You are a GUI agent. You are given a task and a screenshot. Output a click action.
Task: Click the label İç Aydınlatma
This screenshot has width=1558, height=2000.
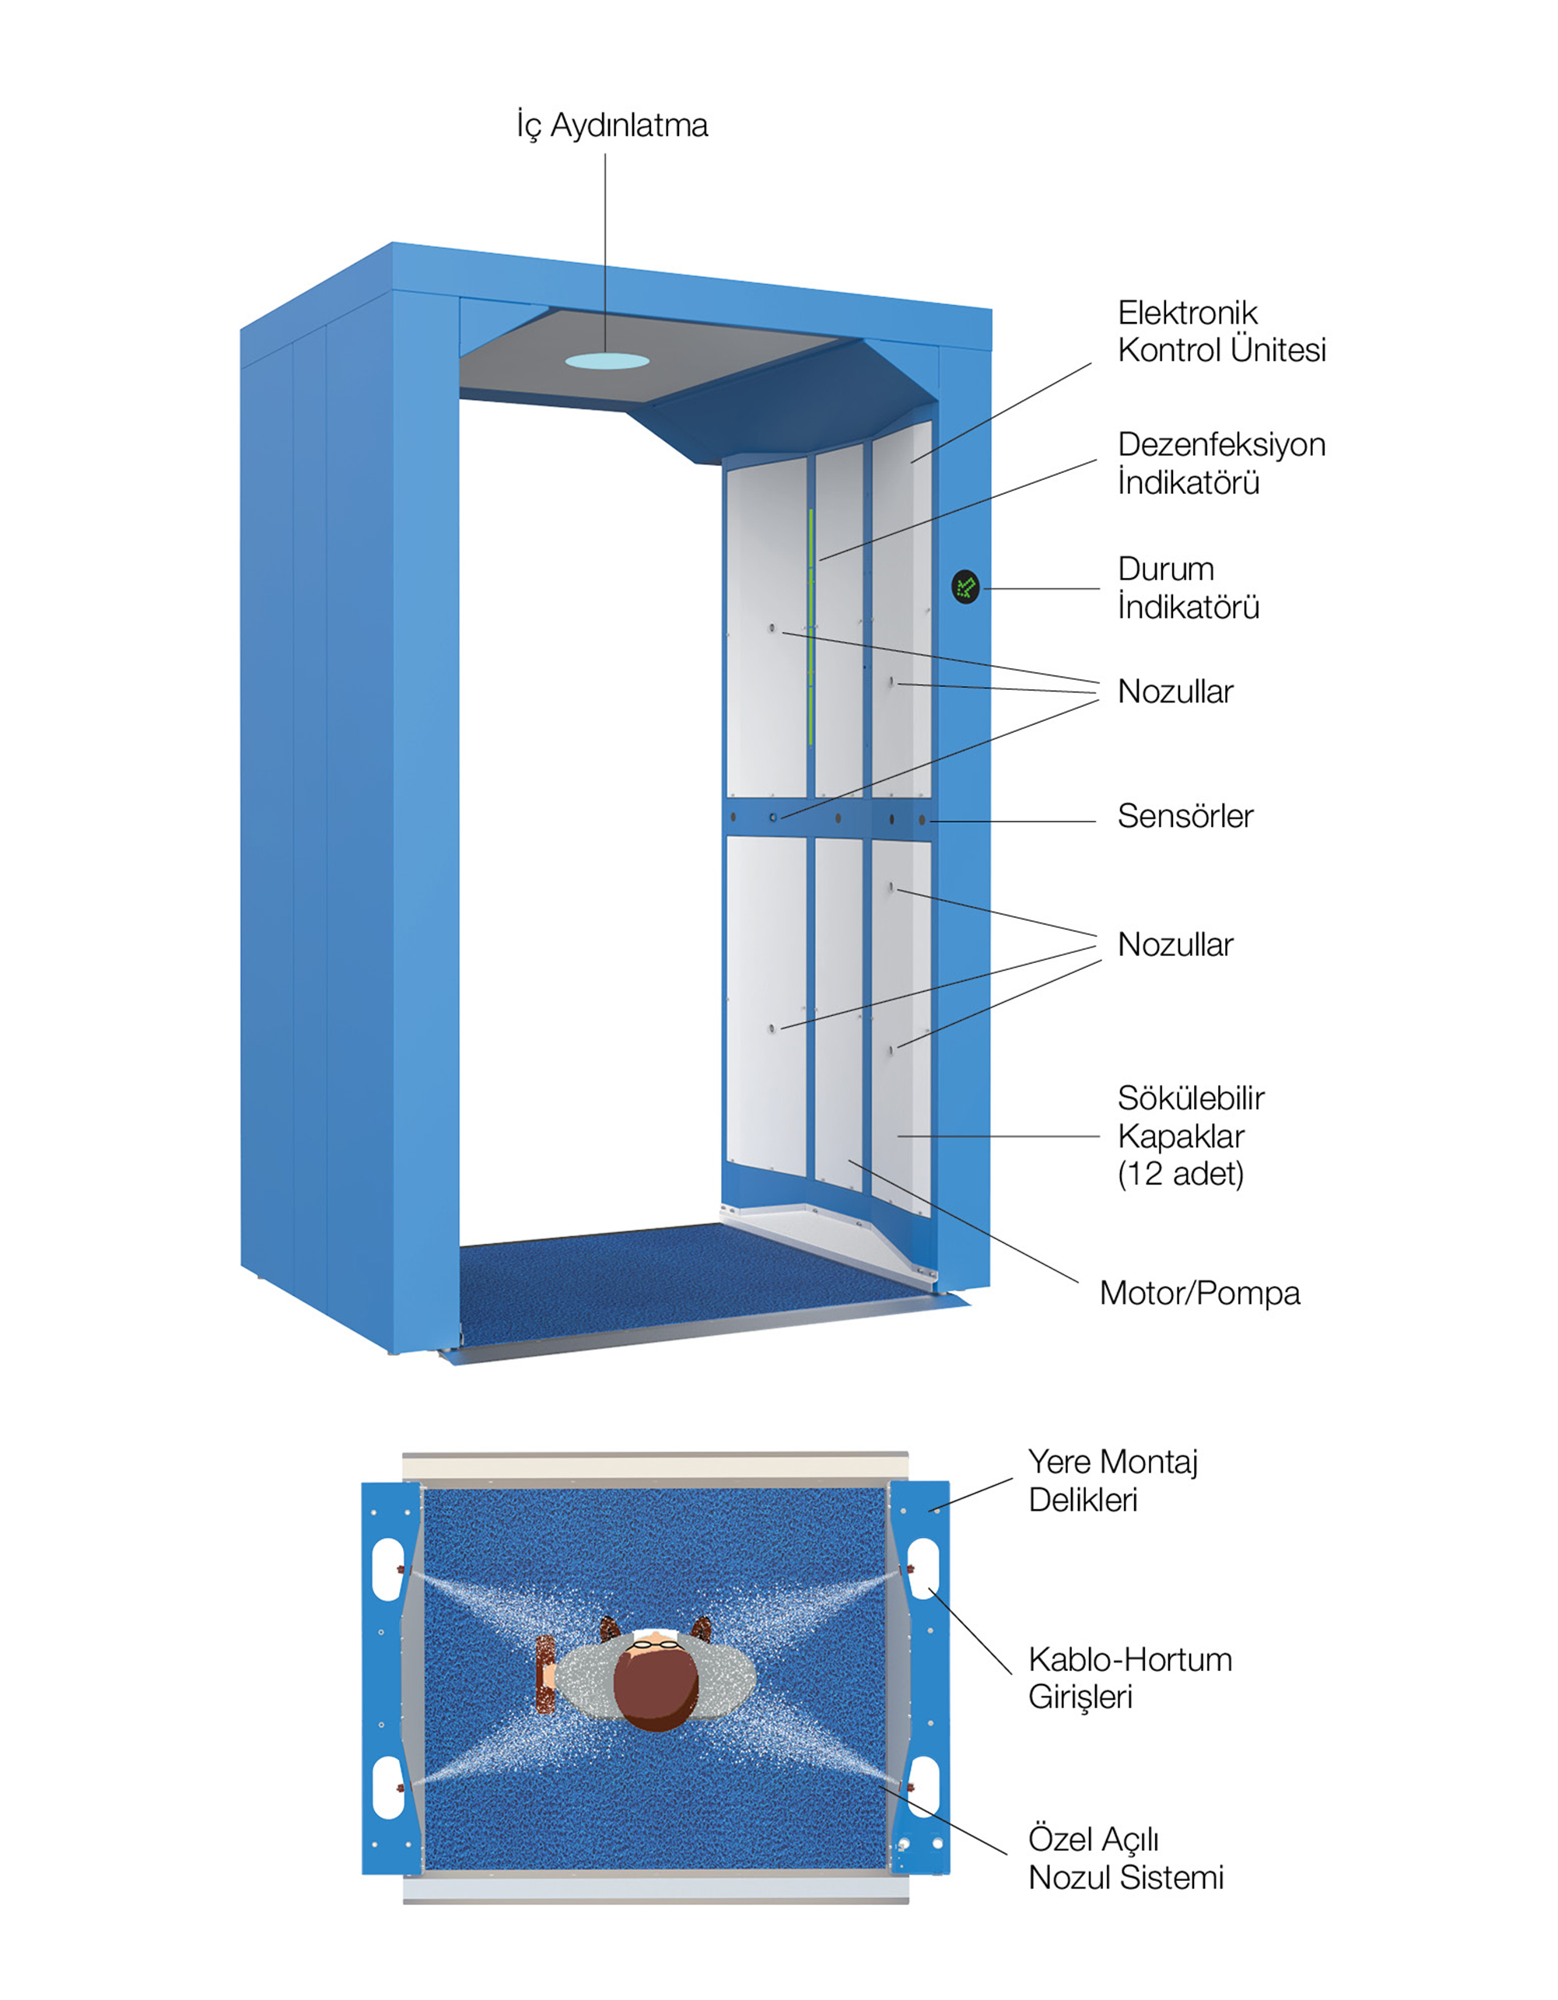pos(612,125)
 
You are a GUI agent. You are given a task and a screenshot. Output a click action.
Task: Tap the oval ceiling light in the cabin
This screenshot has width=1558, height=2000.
pos(607,361)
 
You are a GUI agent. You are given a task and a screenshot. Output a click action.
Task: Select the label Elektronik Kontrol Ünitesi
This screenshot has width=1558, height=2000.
pos(1221,331)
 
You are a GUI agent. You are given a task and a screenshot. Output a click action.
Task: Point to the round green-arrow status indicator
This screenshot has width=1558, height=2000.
pos(965,587)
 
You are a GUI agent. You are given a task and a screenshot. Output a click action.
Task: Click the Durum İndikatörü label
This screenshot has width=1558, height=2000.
pos(1188,587)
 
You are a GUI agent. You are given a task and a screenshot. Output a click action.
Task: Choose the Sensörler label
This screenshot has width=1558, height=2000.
pos(1185,816)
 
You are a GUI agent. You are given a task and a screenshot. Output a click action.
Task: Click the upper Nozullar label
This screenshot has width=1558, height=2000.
pos(1175,692)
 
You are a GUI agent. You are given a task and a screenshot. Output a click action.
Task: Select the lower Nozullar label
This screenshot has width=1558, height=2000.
pos(1175,944)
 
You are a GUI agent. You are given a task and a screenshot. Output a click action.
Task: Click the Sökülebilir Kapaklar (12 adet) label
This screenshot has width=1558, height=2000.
pos(1190,1136)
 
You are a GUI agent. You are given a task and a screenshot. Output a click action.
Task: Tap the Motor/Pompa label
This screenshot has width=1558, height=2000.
pos(1199,1293)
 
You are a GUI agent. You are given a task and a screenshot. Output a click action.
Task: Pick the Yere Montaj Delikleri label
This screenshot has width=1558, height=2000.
pos(1113,1481)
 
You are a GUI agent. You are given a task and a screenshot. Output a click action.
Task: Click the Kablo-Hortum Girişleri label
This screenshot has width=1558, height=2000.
pos(1129,1678)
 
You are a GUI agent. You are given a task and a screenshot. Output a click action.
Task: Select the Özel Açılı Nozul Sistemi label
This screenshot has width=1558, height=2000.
pos(1126,1858)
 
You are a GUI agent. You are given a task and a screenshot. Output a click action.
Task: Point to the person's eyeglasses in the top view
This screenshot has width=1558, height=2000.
pos(656,1644)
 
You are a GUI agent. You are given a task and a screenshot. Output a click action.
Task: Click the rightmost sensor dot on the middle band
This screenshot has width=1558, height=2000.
pos(923,821)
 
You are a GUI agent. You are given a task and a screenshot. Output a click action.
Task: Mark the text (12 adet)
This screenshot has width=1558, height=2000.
pos(1181,1174)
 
